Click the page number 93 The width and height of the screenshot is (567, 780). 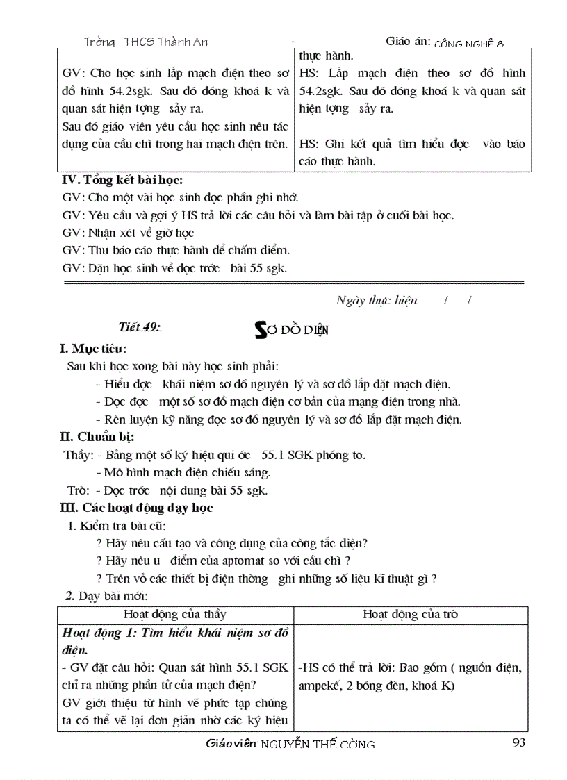pyautogui.click(x=518, y=742)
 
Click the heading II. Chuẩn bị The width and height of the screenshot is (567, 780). pyautogui.click(x=97, y=437)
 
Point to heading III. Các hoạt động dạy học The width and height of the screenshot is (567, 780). pyautogui.click(x=137, y=507)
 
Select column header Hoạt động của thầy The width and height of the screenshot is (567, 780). pyautogui.click(x=174, y=614)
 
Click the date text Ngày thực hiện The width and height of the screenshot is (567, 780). pyautogui.click(x=377, y=300)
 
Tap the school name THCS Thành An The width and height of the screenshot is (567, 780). pyautogui.click(x=165, y=42)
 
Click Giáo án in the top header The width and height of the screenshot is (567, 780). pyautogui.click(x=408, y=42)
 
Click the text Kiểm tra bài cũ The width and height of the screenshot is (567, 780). pyautogui.click(x=122, y=525)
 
